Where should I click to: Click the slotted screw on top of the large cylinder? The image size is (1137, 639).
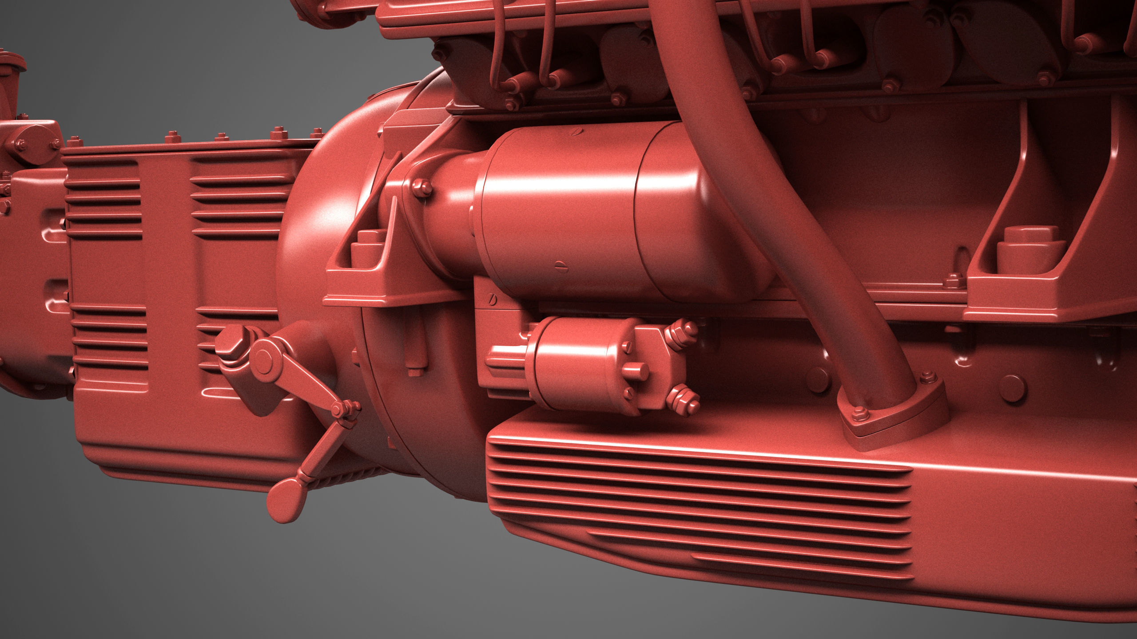[577, 131]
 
